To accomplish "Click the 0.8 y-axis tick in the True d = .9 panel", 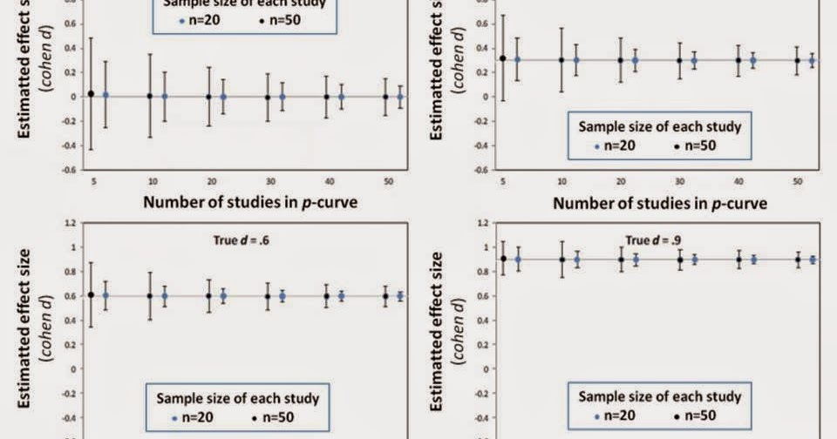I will (x=483, y=271).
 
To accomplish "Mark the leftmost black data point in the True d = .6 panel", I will (x=91, y=294).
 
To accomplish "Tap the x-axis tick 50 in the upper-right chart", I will (x=797, y=180).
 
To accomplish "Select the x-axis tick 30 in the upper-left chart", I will (x=268, y=180).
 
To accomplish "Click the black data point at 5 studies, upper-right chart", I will (x=502, y=58).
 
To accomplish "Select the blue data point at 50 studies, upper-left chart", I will (x=400, y=97).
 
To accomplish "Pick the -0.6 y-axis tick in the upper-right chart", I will (x=481, y=169).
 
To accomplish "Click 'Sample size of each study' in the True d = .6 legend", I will (x=238, y=398).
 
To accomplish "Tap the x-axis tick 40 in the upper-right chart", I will (x=738, y=180).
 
